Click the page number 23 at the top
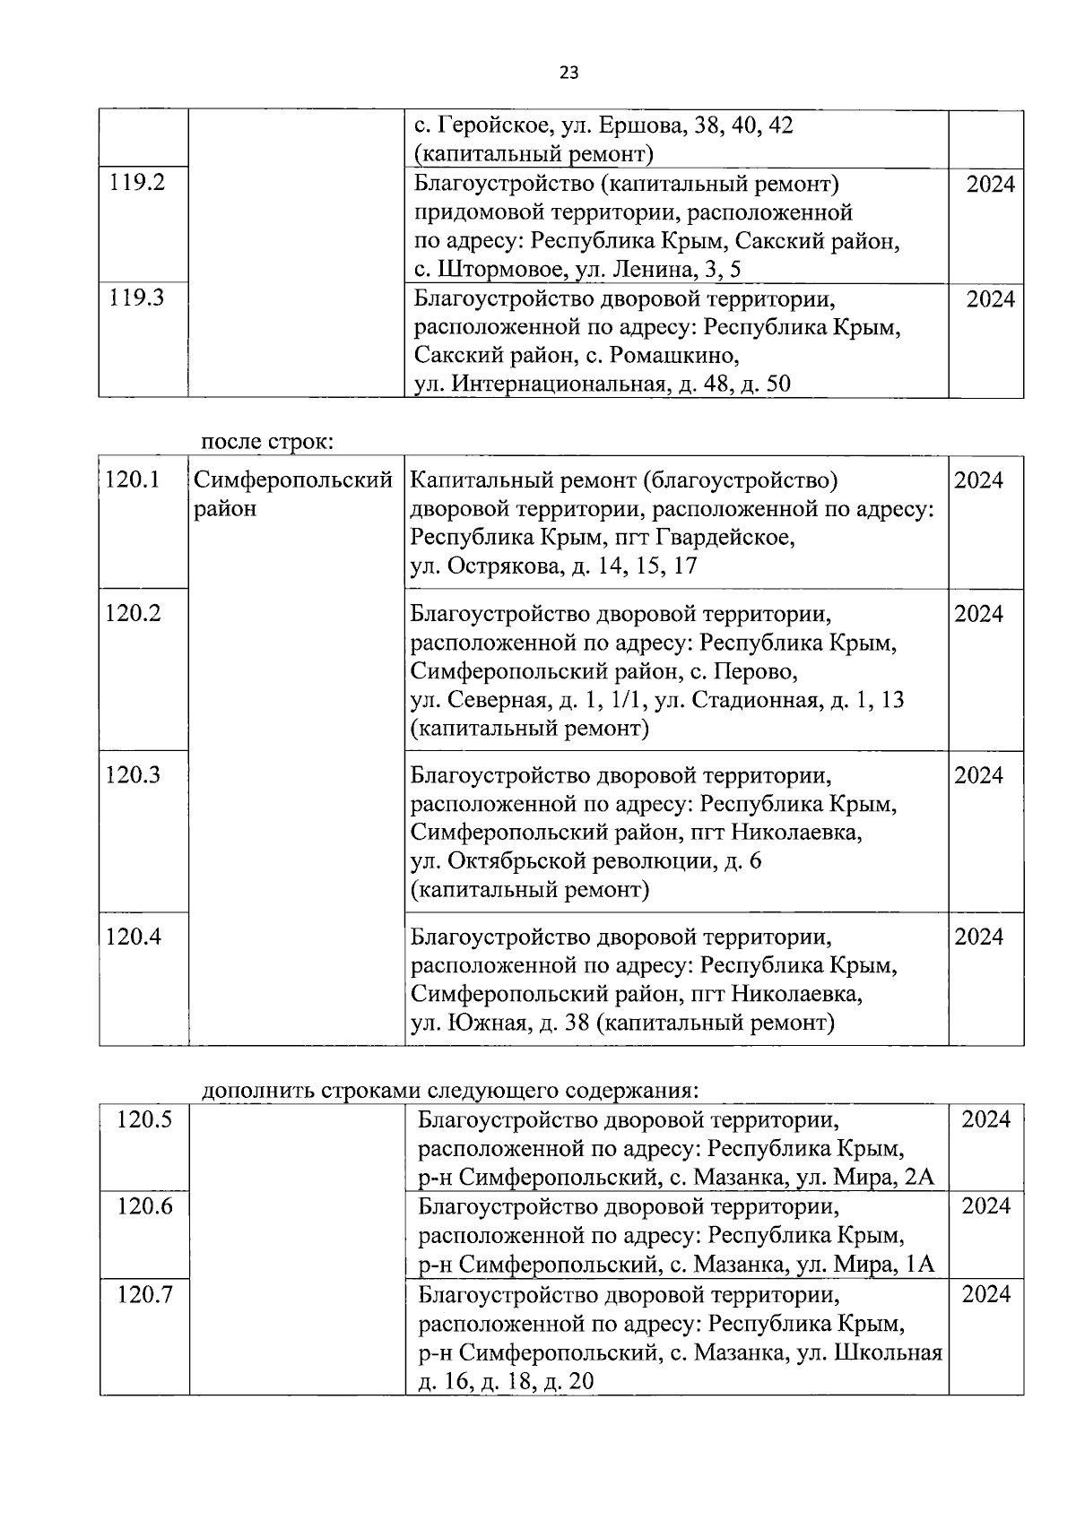(569, 73)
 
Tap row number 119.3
(137, 298)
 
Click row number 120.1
(133, 480)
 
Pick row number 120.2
(133, 614)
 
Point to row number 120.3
(133, 775)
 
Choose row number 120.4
(133, 937)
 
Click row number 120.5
(144, 1119)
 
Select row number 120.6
(144, 1206)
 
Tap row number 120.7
(144, 1294)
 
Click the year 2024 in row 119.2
(991, 185)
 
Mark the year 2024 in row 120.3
(978, 775)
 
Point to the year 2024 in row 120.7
(986, 1294)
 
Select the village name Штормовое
(497, 270)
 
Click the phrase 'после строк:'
(267, 442)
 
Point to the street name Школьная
(888, 1352)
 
